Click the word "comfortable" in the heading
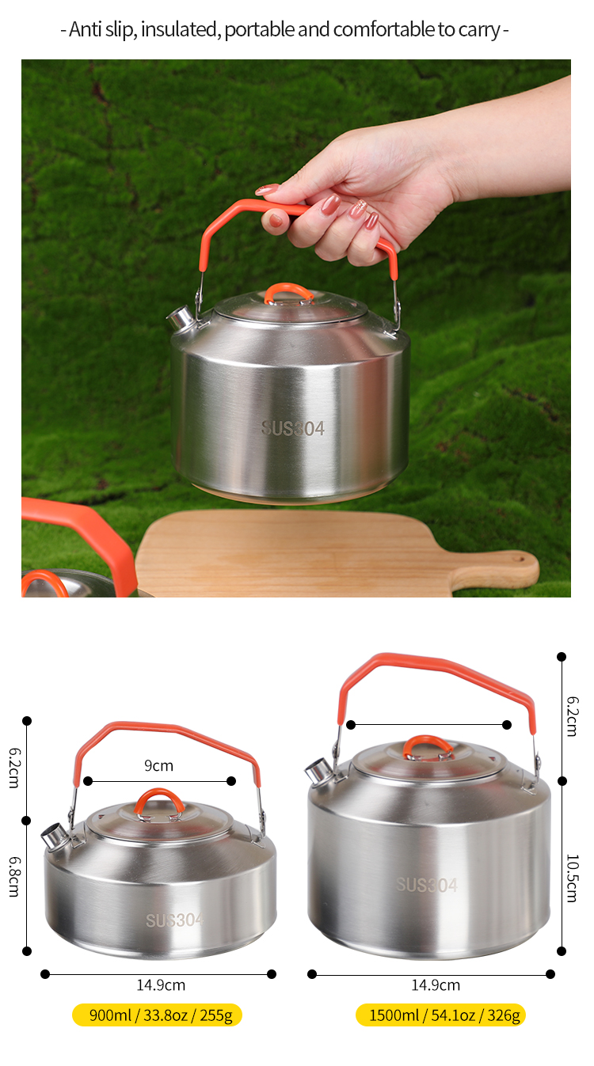tap(384, 29)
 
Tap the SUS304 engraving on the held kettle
tap(292, 429)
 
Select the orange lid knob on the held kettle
tap(288, 294)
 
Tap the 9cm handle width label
tap(158, 766)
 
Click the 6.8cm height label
tap(15, 877)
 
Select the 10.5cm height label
tap(572, 878)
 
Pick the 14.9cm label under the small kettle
tap(161, 985)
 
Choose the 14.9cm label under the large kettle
tap(436, 985)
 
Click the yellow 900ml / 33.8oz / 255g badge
tap(157, 1015)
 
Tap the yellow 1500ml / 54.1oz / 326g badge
tap(440, 1015)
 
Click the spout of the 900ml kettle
tap(54, 836)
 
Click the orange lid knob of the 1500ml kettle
tap(428, 746)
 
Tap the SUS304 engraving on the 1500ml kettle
tap(427, 885)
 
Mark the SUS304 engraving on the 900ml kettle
tap(175, 920)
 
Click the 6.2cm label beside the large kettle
tap(572, 716)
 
